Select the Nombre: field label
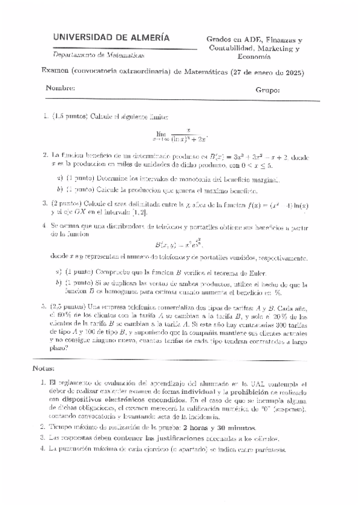click(x=60, y=89)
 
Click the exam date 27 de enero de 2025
click(x=268, y=73)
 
